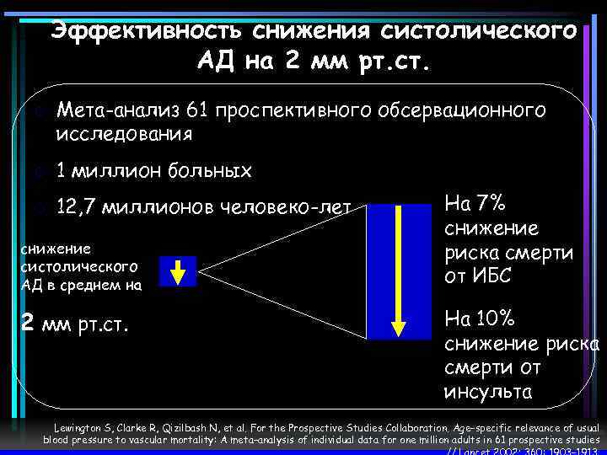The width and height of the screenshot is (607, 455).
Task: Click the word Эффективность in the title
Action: point(147,30)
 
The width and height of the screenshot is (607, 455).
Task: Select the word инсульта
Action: point(487,392)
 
